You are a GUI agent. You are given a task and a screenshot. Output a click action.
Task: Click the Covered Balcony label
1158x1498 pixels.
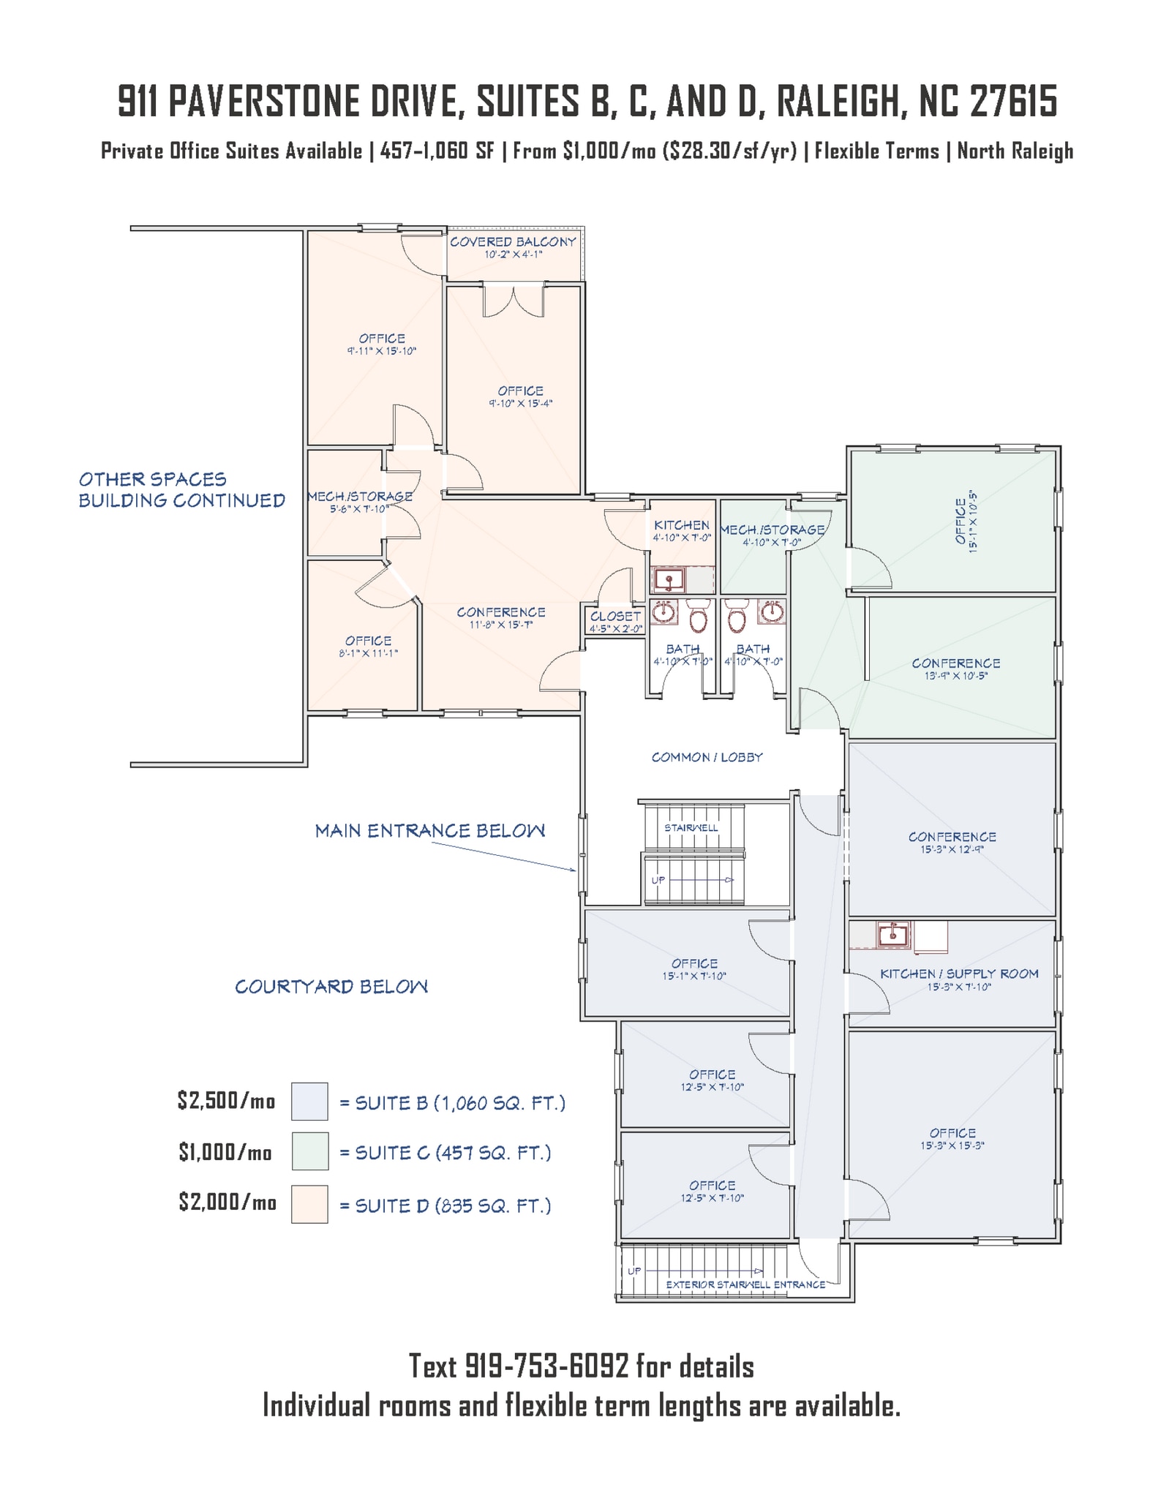click(x=513, y=242)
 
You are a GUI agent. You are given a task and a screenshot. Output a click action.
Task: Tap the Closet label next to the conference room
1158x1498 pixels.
click(x=615, y=617)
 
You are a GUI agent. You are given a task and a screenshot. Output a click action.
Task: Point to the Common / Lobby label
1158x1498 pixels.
click(x=707, y=758)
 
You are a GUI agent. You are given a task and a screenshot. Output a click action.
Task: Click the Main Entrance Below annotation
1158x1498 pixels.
click(x=429, y=831)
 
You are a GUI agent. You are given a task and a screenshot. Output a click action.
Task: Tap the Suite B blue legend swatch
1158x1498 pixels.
click(x=309, y=1102)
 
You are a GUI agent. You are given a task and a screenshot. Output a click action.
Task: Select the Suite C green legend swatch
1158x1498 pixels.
click(x=309, y=1152)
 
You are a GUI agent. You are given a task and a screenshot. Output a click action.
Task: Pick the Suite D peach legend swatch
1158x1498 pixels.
click(x=309, y=1204)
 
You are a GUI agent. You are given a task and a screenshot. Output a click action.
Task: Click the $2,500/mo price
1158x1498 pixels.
click(x=226, y=1101)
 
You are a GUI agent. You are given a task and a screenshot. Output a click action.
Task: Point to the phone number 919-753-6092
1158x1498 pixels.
click(x=547, y=1366)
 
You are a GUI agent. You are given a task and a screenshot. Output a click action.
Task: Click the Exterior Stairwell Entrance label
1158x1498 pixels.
click(x=745, y=1284)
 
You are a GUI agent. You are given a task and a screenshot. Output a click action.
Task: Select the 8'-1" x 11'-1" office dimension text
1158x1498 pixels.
click(x=368, y=653)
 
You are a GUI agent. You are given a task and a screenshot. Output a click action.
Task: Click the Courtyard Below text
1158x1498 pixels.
click(x=331, y=987)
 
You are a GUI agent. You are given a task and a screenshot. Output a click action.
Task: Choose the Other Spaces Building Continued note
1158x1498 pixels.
click(x=181, y=490)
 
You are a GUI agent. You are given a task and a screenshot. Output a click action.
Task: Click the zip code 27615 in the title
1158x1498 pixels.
click(x=1014, y=102)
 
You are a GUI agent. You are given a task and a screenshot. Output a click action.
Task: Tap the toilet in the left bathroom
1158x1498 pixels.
click(x=699, y=618)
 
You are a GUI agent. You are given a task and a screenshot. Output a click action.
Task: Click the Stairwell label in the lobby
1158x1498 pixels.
click(x=691, y=827)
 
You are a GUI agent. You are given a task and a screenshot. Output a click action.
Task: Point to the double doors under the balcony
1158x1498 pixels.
click(x=514, y=301)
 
